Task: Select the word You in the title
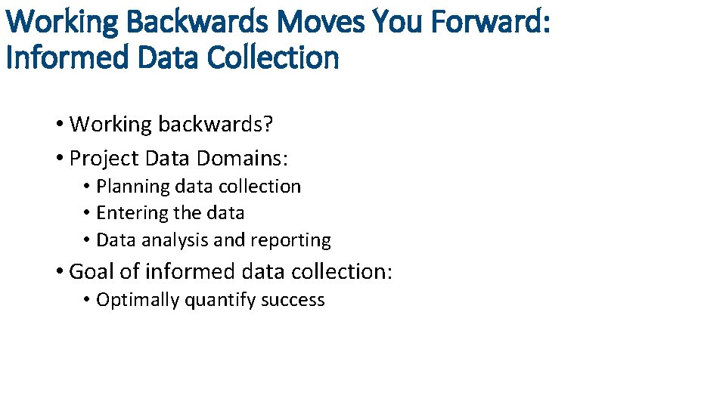click(x=401, y=22)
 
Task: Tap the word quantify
click(x=220, y=300)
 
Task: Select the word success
click(x=293, y=300)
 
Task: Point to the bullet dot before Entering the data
click(x=88, y=214)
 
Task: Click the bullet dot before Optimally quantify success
click(x=88, y=300)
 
